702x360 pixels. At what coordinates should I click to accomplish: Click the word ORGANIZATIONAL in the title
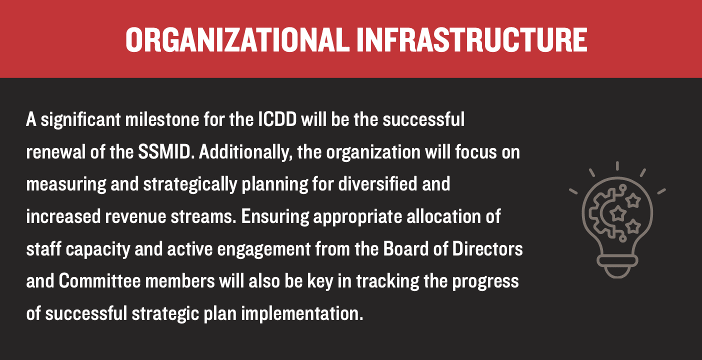point(237,40)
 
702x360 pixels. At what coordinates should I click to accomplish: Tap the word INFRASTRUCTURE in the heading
point(471,40)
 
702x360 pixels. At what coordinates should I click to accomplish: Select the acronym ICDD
point(277,119)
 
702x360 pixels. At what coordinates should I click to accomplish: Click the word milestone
point(162,119)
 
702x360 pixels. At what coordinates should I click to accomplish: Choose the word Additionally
point(245,152)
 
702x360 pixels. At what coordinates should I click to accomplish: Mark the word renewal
point(56,152)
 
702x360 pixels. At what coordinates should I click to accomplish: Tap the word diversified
point(377,184)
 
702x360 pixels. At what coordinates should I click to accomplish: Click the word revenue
point(135,216)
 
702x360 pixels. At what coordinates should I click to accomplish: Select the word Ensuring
point(275,217)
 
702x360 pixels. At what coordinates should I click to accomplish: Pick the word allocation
point(444,216)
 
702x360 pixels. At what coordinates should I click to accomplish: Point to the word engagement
point(263,249)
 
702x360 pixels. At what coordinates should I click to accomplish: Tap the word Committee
point(99,281)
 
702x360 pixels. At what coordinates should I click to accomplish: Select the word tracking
point(387,281)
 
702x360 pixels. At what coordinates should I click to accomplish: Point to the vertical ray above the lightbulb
point(617,166)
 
